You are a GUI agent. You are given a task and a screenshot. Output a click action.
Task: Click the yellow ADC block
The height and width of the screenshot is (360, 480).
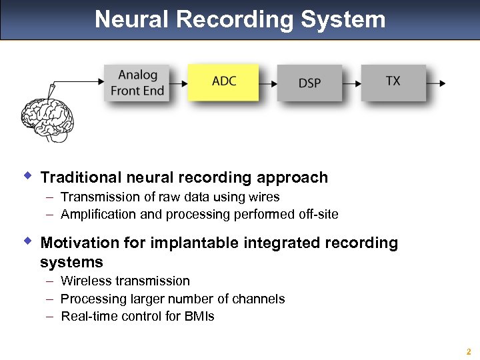point(223,82)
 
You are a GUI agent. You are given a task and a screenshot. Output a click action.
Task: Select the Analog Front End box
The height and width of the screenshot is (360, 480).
point(137,83)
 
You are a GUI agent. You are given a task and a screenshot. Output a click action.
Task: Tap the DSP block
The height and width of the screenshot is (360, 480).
point(309,83)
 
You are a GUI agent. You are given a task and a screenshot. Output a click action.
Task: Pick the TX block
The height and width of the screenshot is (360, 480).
point(393,82)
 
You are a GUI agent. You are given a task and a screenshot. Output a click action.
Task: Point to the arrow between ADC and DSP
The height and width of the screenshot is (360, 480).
point(267,83)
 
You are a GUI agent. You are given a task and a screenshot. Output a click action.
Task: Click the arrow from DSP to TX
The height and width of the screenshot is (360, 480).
point(351,83)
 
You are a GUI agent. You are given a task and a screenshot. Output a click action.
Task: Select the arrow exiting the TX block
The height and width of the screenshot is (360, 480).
point(437,83)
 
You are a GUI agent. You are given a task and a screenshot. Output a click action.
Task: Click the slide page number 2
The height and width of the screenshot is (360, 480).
point(469,351)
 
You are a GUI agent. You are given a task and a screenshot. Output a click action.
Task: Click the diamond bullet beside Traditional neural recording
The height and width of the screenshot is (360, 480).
point(27,176)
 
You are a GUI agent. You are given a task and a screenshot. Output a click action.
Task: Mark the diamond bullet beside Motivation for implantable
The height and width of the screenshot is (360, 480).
point(27,240)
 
